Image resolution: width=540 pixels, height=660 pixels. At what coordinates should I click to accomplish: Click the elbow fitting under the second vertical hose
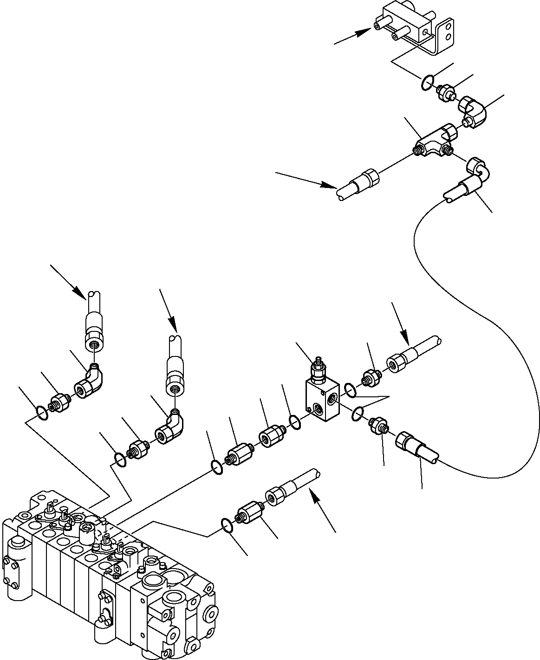tap(169, 427)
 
